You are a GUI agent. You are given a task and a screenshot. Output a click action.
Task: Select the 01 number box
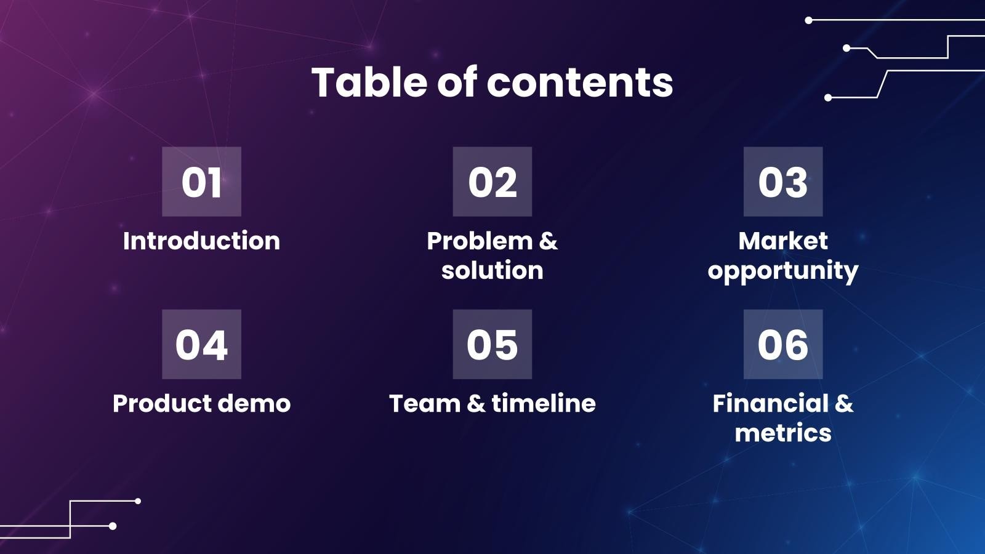point(201,182)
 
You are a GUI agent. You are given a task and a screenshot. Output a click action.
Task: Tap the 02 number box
point(492,182)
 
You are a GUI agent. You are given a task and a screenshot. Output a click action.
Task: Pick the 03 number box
point(782,182)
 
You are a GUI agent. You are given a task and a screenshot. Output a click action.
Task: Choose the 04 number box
point(201,344)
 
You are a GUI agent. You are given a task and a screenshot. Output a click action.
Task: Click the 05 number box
point(492,344)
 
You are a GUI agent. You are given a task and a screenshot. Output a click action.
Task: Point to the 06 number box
point(782,344)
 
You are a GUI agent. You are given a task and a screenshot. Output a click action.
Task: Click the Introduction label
point(201,241)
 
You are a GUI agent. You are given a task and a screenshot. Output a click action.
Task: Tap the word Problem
point(480,241)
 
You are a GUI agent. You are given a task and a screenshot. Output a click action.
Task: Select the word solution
point(492,270)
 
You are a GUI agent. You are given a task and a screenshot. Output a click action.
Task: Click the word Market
point(782,241)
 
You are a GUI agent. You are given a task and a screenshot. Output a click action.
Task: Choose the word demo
point(254,404)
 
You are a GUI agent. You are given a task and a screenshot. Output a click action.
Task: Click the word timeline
point(544,404)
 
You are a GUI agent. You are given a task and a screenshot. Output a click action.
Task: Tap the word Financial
point(770,404)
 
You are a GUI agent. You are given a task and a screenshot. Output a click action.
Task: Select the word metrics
point(782,433)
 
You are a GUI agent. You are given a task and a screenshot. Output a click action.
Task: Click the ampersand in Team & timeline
point(476,404)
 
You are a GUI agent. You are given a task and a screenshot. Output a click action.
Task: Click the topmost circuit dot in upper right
point(809,20)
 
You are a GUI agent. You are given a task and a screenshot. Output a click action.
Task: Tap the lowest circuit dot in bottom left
point(113,526)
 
